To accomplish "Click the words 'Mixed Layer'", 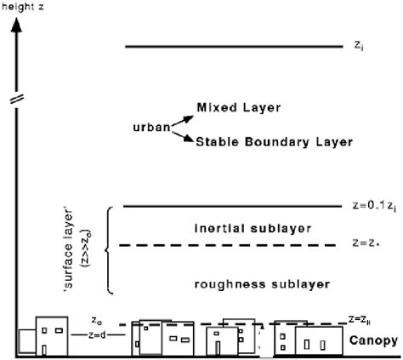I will (x=239, y=108).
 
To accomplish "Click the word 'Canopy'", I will (x=373, y=340).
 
